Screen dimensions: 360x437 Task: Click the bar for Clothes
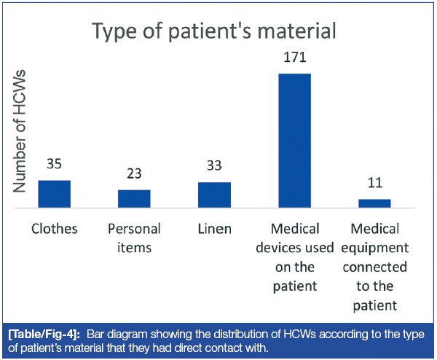tap(54, 194)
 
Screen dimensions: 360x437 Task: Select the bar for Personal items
tap(134, 198)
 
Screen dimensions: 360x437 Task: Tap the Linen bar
tap(214, 195)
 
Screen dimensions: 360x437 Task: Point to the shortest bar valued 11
tap(374, 203)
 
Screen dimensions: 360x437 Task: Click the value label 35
tap(54, 164)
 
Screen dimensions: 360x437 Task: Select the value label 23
tap(134, 174)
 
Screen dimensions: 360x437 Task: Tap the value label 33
tap(214, 166)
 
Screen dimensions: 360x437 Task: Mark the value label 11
tap(374, 183)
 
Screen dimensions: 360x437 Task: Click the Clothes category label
tap(54, 229)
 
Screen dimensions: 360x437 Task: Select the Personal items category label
tap(134, 238)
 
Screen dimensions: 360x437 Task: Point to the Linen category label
tap(214, 229)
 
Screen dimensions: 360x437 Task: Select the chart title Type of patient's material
tap(214, 31)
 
